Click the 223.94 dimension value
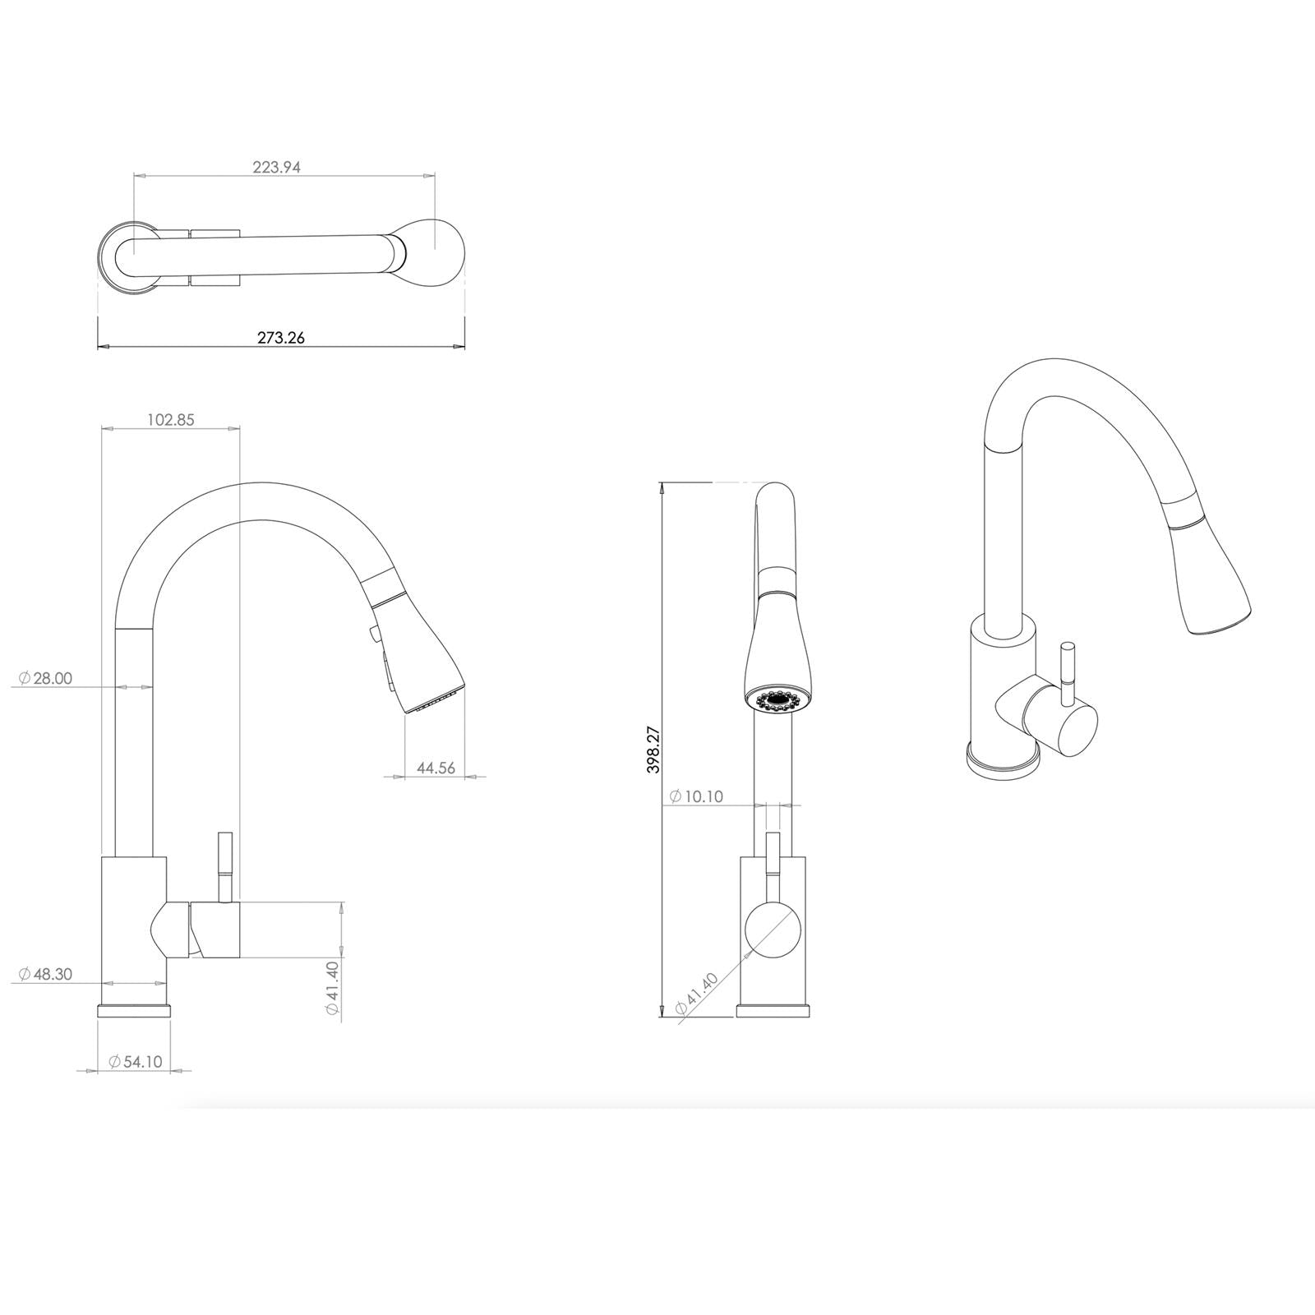point(276,167)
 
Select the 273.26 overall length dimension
point(280,337)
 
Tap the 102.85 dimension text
point(171,419)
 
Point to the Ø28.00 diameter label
point(46,678)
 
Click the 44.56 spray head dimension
point(436,768)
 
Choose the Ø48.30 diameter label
point(46,974)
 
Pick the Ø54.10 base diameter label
point(136,1061)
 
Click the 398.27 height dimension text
point(654,748)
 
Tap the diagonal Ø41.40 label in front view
point(696,993)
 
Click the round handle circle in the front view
point(773,930)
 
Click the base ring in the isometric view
point(1001,760)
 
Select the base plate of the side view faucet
point(135,1009)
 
